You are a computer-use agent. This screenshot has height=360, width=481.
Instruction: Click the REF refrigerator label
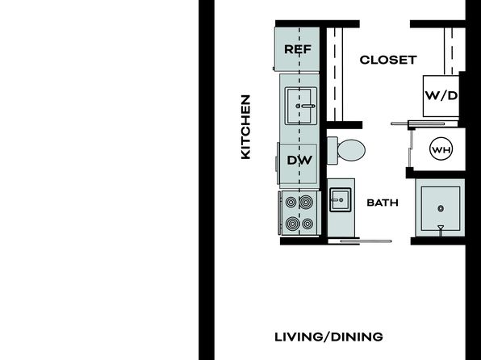pos(298,49)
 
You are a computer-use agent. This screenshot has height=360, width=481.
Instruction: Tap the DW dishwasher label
pos(299,160)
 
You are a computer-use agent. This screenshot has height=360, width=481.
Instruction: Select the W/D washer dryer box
pos(441,96)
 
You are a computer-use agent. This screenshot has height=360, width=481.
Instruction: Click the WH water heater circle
pos(441,149)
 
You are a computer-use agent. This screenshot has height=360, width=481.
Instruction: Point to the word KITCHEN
pos(245,127)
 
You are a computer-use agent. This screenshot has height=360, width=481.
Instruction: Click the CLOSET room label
pos(388,60)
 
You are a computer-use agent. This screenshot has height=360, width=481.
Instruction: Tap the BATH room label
pos(383,203)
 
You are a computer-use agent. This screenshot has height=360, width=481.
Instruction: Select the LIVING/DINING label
pos(328,337)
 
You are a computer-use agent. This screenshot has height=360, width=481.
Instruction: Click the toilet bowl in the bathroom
pos(351,150)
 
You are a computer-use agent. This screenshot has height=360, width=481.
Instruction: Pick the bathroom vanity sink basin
pos(341,200)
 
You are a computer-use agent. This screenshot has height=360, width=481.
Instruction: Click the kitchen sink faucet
pos(306,107)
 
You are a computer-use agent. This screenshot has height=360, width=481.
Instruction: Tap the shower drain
pos(441,209)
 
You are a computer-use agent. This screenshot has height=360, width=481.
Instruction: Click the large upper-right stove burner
pos(306,202)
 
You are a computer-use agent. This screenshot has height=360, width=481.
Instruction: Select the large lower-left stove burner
pos(293,224)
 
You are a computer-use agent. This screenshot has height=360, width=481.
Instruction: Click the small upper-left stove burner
pos(291,202)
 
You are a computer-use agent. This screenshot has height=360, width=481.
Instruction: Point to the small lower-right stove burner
pos(307,224)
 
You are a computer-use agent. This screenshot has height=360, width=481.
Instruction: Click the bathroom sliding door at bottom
pos(366,241)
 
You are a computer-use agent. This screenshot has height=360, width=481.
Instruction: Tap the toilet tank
pos(333,150)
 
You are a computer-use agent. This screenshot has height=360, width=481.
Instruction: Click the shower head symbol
pos(441,229)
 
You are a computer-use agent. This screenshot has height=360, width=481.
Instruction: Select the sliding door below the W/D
pos(418,124)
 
